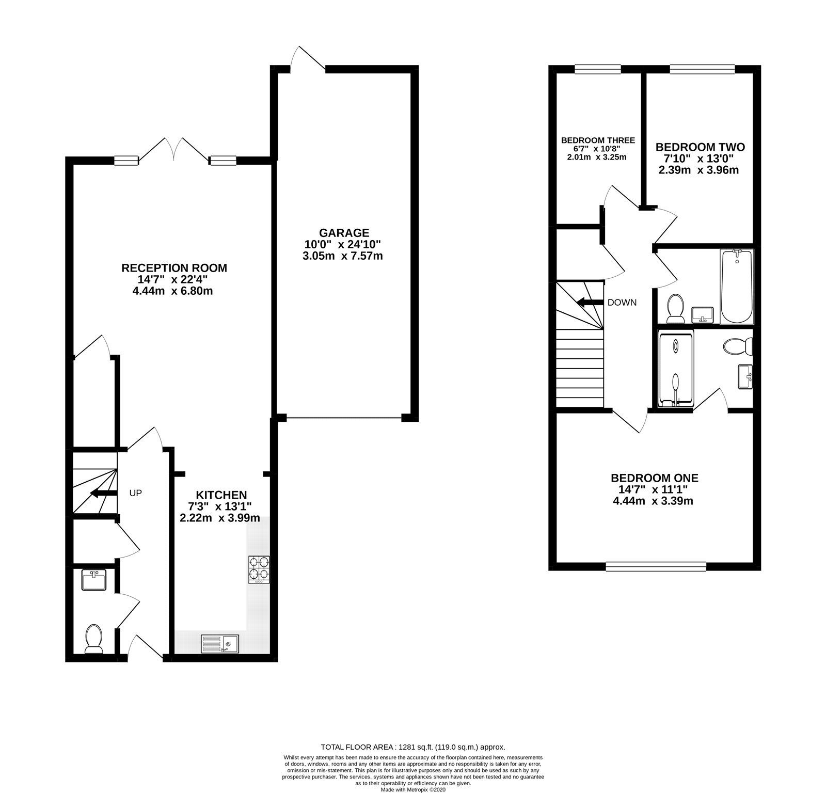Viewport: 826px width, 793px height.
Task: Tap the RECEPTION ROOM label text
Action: [x=174, y=268]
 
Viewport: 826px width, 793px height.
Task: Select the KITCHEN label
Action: [x=220, y=495]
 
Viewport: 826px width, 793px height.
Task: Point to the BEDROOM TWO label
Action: [x=700, y=147]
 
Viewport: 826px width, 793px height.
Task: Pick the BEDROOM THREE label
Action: [x=598, y=140]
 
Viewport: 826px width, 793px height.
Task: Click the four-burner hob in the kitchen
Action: [x=259, y=569]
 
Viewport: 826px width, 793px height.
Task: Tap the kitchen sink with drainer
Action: [x=220, y=643]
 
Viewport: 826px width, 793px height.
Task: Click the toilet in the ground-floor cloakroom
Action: [x=93, y=639]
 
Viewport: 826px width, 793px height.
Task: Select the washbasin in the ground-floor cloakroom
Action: [x=94, y=580]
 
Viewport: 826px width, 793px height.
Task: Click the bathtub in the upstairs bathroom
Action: [x=737, y=286]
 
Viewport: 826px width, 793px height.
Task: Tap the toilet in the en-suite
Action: [x=738, y=346]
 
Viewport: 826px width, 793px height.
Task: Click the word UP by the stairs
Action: [x=135, y=493]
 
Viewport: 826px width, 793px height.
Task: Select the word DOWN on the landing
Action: [x=622, y=303]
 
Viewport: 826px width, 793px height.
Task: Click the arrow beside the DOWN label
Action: [x=590, y=303]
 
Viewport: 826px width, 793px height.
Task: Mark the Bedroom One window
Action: [x=656, y=566]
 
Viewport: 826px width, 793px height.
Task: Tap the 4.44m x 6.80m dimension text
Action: [x=172, y=291]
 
